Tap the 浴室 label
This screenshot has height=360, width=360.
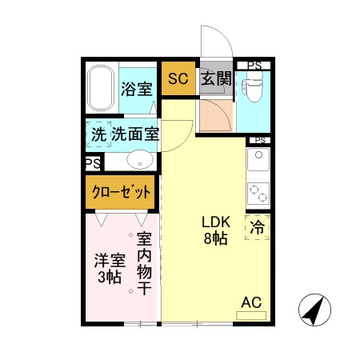pyautogui.click(x=136, y=89)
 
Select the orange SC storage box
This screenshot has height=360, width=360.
pyautogui.click(x=178, y=79)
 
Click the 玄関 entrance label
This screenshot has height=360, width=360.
pyautogui.click(x=214, y=79)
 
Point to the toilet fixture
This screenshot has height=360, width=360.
pyautogui.click(x=254, y=90)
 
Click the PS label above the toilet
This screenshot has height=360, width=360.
pyautogui.click(x=254, y=66)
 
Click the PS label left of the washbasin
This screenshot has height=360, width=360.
pyautogui.click(x=93, y=162)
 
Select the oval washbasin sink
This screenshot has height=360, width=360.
pyautogui.click(x=139, y=160)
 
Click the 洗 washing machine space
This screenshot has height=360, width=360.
pyautogui.click(x=98, y=134)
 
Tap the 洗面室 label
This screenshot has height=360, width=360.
pyautogui.click(x=134, y=134)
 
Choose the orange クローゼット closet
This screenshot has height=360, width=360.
pyautogui.click(x=120, y=192)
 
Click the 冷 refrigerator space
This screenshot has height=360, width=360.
pyautogui.click(x=258, y=227)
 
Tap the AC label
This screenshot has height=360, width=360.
pyautogui.click(x=251, y=302)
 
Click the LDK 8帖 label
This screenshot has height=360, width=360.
pyautogui.click(x=212, y=230)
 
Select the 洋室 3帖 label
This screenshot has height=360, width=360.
pyautogui.click(x=109, y=269)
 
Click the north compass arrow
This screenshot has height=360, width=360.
pyautogui.click(x=314, y=310)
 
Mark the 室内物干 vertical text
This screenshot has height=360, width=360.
pyautogui.click(x=144, y=263)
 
